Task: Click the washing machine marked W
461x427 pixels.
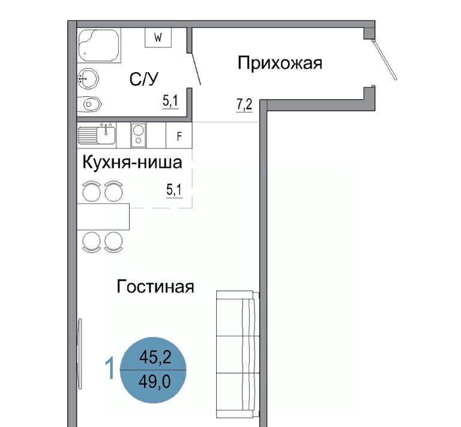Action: (158, 37)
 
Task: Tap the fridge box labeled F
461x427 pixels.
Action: (179, 135)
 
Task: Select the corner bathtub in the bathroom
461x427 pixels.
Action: (99, 45)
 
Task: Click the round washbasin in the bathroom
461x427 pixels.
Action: (88, 78)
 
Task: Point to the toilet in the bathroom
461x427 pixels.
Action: (89, 104)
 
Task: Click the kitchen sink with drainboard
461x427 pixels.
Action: (97, 135)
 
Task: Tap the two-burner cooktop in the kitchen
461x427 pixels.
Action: (138, 135)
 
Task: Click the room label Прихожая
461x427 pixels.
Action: (280, 64)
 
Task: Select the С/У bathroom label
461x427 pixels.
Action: (144, 79)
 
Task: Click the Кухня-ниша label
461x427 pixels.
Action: (132, 162)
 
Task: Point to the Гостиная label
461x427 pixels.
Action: (155, 286)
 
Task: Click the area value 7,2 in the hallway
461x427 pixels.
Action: (244, 105)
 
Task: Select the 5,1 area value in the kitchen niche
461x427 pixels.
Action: (174, 190)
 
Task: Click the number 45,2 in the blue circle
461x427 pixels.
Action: (155, 358)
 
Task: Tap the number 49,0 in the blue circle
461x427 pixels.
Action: (155, 382)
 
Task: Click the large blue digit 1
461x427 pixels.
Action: (110, 368)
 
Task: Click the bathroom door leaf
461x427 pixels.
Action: (196, 69)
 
